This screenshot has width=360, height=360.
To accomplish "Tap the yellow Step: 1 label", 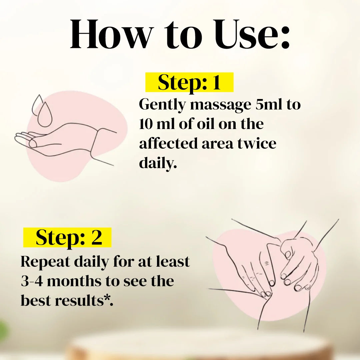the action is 189,82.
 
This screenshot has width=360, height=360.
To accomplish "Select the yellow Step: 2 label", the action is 67,237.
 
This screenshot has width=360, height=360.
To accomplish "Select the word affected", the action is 169,143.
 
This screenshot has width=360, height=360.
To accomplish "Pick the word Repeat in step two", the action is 45,262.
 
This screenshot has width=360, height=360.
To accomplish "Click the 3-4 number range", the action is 32,281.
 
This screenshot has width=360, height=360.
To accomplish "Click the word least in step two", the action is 173,261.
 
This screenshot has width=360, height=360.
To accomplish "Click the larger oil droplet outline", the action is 45,114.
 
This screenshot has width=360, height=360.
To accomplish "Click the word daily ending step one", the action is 158,163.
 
